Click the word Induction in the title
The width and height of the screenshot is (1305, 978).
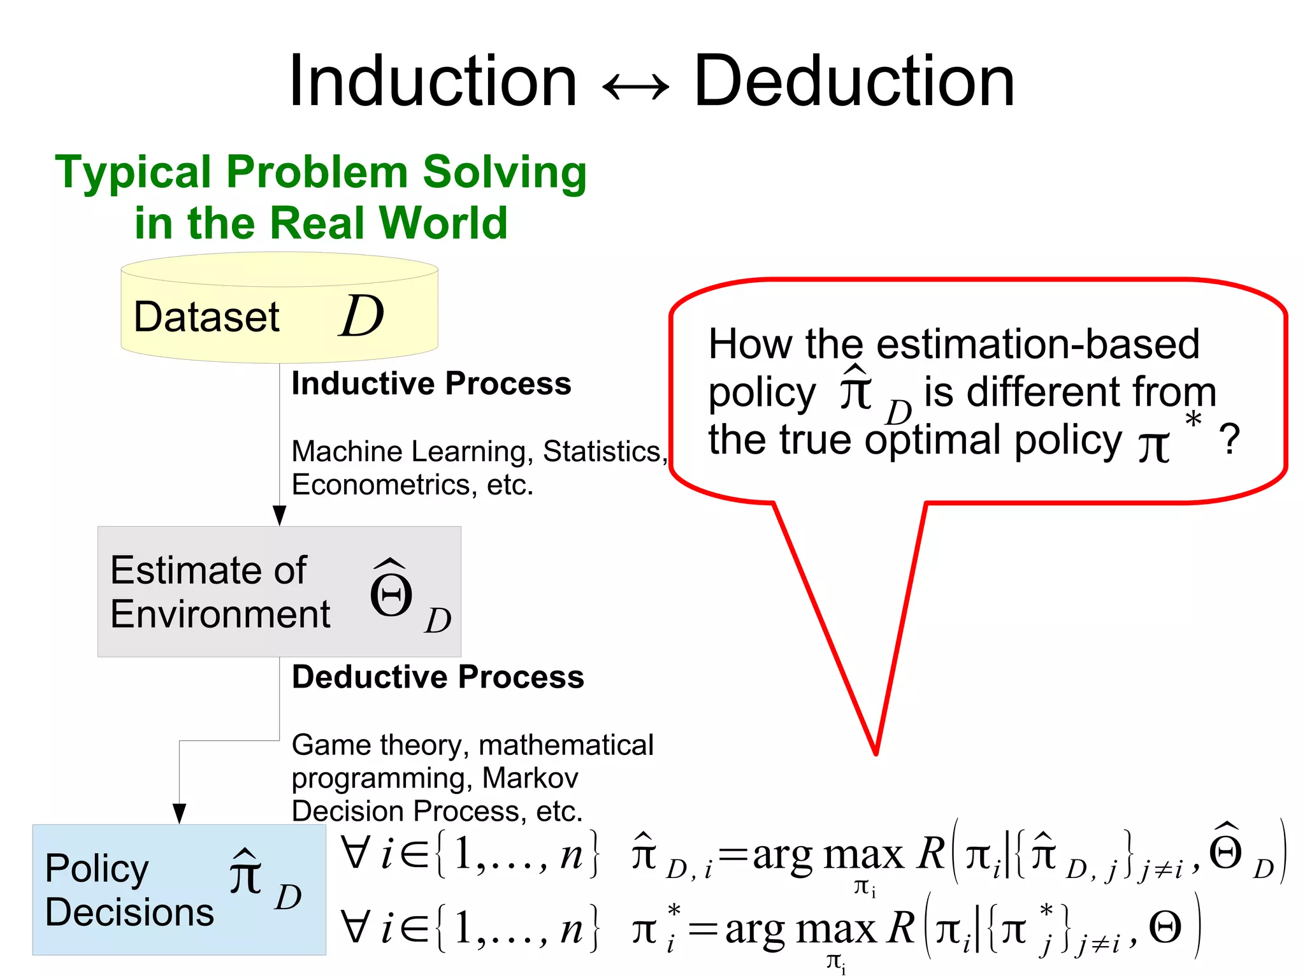point(433,82)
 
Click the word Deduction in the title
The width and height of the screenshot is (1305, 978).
point(854,82)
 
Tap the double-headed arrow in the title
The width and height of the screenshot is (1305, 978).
point(635,87)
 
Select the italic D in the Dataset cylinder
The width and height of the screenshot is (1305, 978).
point(361,316)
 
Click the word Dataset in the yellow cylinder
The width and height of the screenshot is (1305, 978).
point(206,317)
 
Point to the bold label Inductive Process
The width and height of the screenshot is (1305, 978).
point(431,384)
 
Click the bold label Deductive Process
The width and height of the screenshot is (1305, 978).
point(438,677)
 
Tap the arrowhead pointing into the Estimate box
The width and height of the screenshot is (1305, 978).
point(279,515)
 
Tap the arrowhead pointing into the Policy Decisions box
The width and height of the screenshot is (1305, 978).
point(180,813)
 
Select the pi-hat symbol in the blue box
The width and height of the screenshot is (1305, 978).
point(246,873)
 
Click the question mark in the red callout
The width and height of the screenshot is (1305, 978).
point(1229,440)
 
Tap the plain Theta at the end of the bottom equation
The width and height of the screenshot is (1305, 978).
point(1165,928)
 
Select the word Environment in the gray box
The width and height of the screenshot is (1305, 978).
point(220,614)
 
